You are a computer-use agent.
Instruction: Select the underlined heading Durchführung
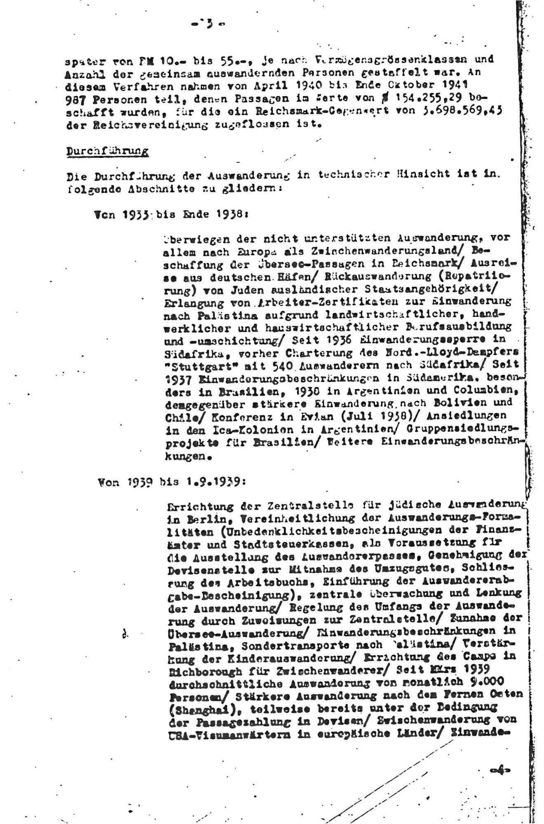click(x=108, y=151)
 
